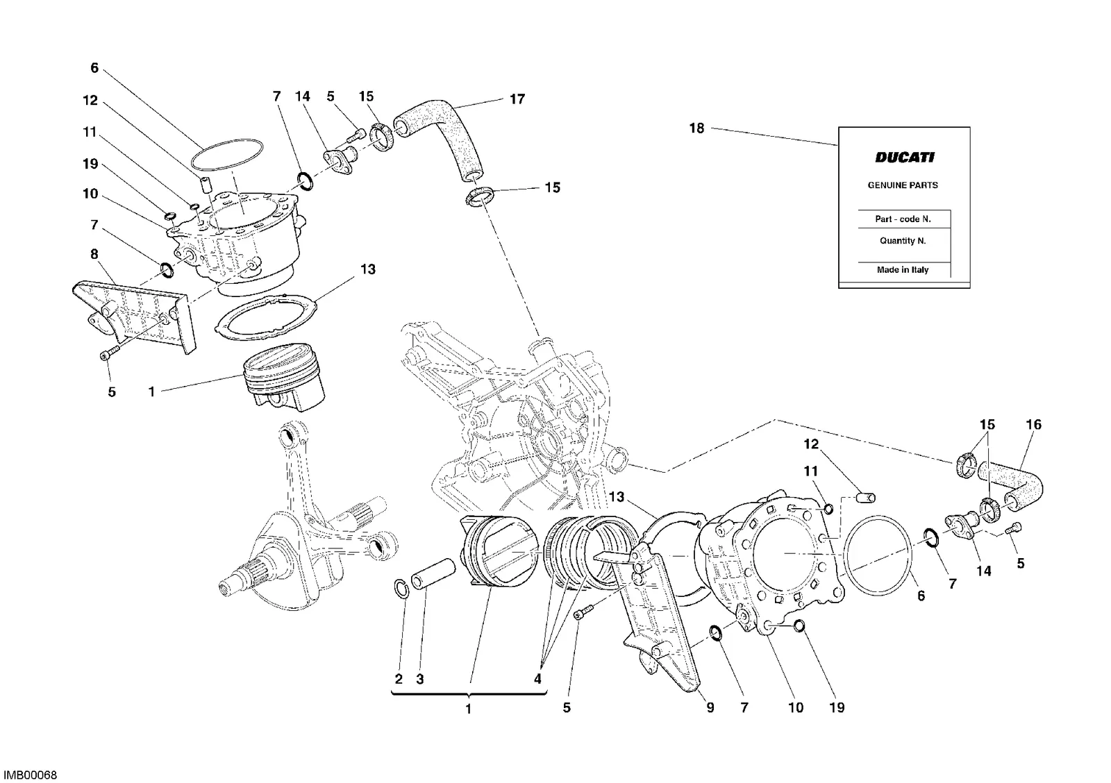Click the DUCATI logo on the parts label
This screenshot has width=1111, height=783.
[905, 157]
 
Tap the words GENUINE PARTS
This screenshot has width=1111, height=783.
[903, 185]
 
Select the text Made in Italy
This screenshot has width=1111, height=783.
[903, 270]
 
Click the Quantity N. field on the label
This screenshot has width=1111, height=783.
[903, 240]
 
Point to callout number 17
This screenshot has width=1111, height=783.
[517, 99]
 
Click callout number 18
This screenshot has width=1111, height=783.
[697, 128]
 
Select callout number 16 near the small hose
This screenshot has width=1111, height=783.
[1034, 425]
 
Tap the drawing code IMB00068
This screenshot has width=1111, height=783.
[31, 775]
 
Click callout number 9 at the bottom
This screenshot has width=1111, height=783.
[710, 707]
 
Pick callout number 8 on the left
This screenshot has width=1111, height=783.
[94, 254]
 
